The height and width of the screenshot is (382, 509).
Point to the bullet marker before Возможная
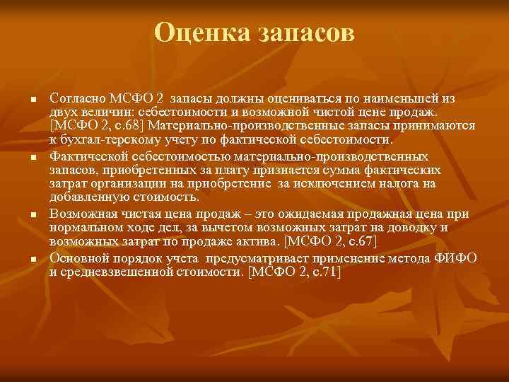(33, 213)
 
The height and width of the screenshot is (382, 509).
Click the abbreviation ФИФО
(452, 257)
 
